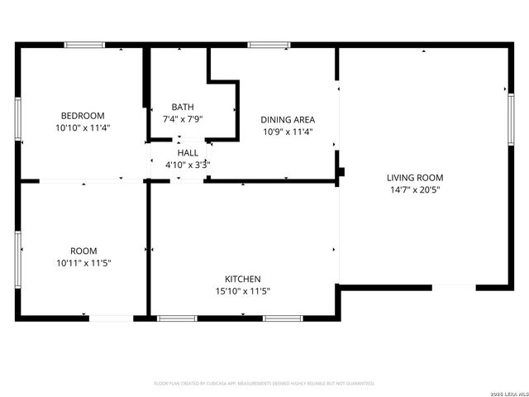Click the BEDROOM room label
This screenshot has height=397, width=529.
point(83,115)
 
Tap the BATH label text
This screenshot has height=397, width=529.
point(183,107)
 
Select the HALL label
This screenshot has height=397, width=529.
point(188,153)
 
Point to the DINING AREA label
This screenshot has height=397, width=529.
point(288,119)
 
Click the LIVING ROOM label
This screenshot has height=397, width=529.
point(415,177)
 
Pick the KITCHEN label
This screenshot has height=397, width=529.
point(243,279)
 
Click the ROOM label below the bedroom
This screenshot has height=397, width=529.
point(83,251)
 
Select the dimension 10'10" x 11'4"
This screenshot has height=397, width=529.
point(83,128)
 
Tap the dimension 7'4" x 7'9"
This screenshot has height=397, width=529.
point(183,119)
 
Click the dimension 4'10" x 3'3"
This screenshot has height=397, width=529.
point(188,165)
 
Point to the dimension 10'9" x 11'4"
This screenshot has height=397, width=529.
point(288,131)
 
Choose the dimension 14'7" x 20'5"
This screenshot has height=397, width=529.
point(415,189)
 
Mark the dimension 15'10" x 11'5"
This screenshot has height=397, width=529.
point(243,291)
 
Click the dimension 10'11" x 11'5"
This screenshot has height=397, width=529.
point(83,263)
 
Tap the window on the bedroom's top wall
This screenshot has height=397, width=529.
point(85,45)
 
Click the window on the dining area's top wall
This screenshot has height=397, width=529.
point(263,45)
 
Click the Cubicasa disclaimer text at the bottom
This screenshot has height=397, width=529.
point(264,384)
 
